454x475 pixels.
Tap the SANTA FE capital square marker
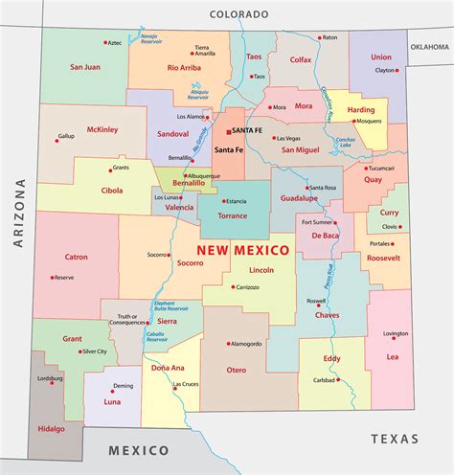coord(228,129)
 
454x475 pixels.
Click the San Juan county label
coord(85,68)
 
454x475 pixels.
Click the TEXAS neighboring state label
coord(395,439)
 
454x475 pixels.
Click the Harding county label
coord(360,110)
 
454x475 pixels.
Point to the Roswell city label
coord(317,301)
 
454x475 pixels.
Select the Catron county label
coord(76,257)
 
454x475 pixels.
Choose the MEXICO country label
coord(138,449)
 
